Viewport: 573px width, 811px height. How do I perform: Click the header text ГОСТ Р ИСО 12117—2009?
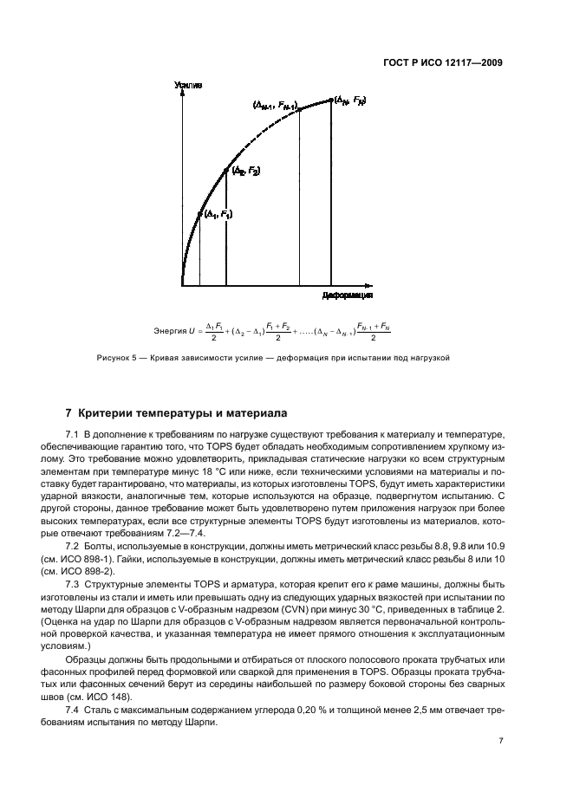coord(443,62)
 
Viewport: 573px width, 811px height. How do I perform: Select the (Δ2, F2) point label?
coord(244,172)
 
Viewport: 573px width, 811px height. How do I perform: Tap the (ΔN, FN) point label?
coord(348,101)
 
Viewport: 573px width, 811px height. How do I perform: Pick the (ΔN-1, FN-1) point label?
coord(275,105)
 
